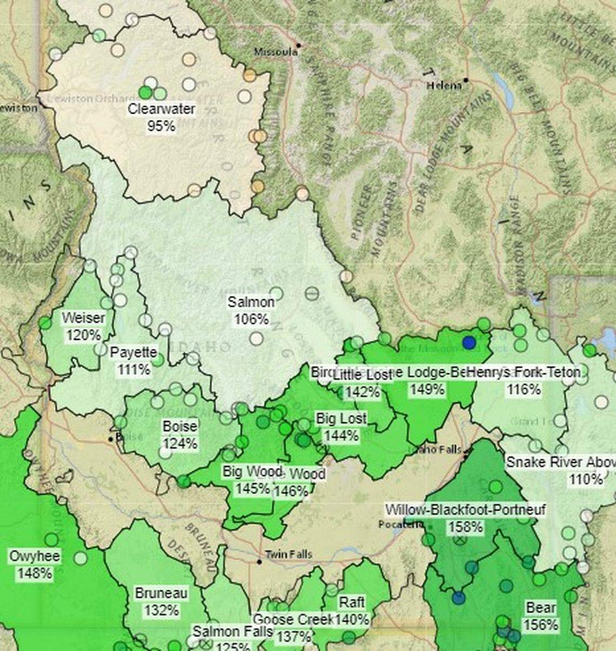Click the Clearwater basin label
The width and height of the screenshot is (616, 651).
(162, 109)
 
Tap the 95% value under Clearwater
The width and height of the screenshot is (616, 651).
(161, 126)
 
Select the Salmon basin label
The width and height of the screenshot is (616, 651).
(251, 302)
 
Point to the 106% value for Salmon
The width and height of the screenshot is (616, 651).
(251, 319)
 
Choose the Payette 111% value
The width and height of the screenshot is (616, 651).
(134, 370)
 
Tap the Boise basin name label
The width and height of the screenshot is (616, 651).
(180, 426)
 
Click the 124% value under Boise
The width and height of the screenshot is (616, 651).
(180, 444)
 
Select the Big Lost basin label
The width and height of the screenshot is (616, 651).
(341, 418)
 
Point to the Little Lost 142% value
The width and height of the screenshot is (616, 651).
(363, 392)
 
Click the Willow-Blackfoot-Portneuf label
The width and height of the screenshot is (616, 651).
(465, 509)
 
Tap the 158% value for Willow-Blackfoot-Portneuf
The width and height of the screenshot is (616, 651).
(465, 526)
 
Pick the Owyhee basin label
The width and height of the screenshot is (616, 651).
(35, 556)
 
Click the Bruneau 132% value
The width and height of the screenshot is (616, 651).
(161, 610)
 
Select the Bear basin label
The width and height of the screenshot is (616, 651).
(541, 608)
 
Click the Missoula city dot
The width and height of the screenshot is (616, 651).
(298, 45)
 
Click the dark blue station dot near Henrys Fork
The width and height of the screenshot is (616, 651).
(469, 342)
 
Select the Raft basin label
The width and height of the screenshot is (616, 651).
(352, 602)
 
